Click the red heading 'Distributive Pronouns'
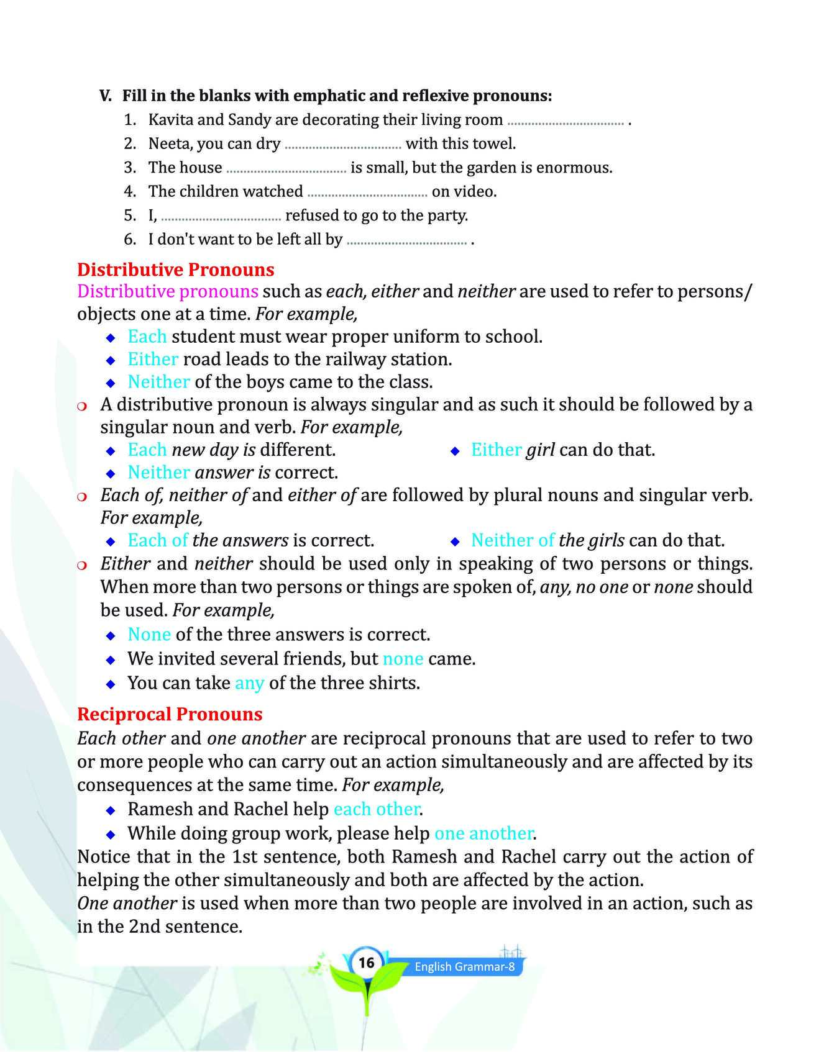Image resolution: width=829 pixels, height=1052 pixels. (175, 270)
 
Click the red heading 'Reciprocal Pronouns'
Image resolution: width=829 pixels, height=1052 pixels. (170, 714)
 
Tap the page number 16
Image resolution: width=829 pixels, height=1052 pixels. (367, 963)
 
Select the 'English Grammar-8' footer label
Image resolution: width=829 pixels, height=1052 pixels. (465, 966)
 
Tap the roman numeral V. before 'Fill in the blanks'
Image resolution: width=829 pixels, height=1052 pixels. (106, 96)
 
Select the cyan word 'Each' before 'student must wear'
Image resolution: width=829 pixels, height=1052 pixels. (147, 337)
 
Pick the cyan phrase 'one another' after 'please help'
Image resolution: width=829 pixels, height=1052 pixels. (483, 833)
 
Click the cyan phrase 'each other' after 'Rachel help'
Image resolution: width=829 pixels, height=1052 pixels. (376, 809)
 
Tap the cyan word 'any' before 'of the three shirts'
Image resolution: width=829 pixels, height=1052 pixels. (249, 683)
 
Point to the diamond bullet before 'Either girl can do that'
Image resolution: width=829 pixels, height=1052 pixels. (454, 451)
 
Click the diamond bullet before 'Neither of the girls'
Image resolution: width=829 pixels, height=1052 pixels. (454, 542)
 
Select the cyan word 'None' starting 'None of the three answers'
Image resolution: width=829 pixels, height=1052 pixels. (149, 635)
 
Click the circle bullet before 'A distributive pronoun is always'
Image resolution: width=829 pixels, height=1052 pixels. (83, 406)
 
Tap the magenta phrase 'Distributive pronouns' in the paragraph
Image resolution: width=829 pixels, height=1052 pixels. (168, 291)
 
